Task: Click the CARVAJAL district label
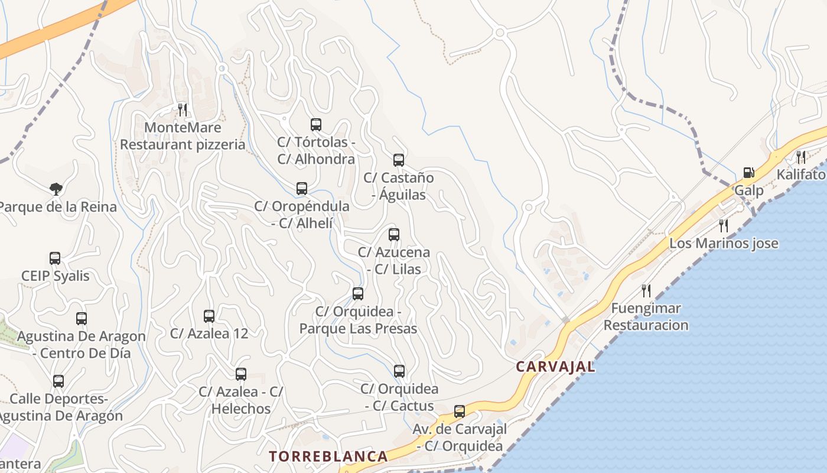click(x=555, y=367)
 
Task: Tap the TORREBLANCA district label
click(x=328, y=456)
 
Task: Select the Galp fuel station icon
click(x=748, y=173)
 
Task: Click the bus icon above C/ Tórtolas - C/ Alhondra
click(x=316, y=124)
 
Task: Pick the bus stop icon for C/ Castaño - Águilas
click(x=399, y=160)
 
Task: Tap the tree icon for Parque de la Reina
click(x=56, y=189)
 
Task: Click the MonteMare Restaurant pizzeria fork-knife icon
click(x=183, y=109)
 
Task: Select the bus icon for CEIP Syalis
click(x=55, y=258)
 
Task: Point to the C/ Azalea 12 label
click(x=209, y=333)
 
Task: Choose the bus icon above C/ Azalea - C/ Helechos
click(x=240, y=374)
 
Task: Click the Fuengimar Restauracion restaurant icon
click(x=646, y=290)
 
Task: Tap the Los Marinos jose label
click(x=724, y=243)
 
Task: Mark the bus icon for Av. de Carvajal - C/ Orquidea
click(x=459, y=411)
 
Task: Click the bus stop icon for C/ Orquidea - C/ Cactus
click(x=399, y=371)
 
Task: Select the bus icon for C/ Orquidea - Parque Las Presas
click(x=357, y=293)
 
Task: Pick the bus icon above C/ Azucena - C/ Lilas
click(x=394, y=234)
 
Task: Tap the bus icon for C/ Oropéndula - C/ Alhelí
click(x=302, y=189)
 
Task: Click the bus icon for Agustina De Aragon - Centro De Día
click(x=82, y=318)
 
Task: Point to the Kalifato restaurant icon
click(x=800, y=157)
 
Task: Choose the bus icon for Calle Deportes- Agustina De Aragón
click(x=58, y=381)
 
